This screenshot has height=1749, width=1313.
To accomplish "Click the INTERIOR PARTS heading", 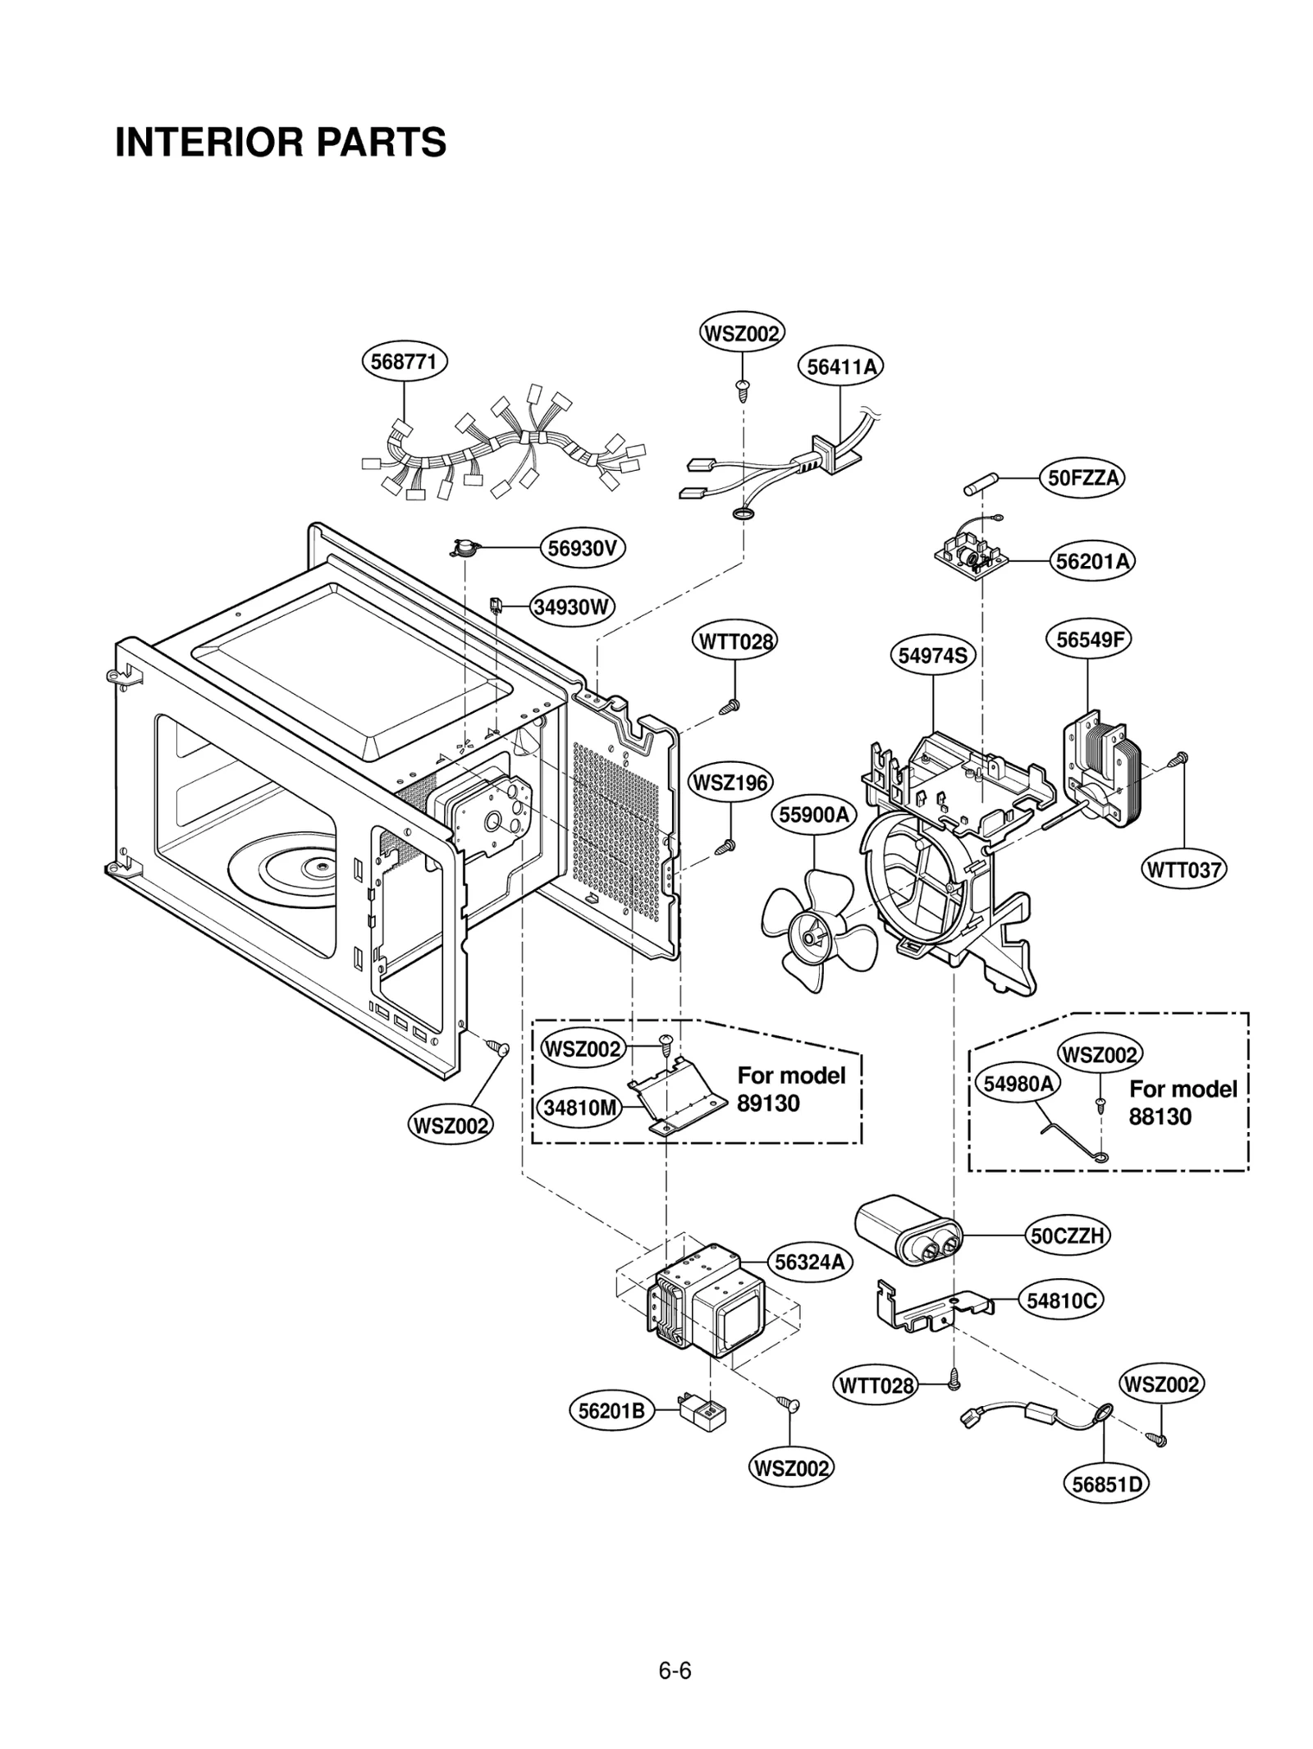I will (x=281, y=142).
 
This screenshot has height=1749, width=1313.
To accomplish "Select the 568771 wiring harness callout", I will (x=404, y=361).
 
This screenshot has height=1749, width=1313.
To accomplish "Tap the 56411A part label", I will (x=841, y=367).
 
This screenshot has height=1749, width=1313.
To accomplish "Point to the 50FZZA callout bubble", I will (x=1082, y=477).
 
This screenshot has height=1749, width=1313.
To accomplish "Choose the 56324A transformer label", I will (x=809, y=1263).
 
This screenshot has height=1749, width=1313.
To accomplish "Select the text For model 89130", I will (x=789, y=1089).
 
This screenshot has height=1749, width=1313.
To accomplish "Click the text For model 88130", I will (x=1182, y=1103).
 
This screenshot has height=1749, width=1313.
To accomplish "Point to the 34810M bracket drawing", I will (x=678, y=1096).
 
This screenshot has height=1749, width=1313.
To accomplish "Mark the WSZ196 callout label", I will (x=730, y=782).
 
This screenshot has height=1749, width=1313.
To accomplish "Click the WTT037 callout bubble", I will (x=1183, y=870).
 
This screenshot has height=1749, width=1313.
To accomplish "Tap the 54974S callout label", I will (x=932, y=655).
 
